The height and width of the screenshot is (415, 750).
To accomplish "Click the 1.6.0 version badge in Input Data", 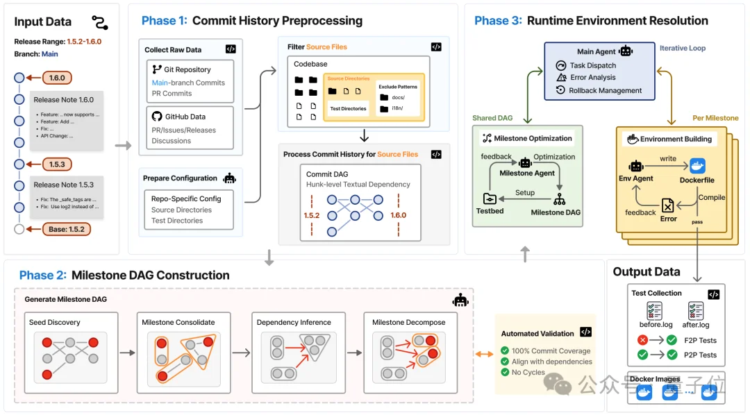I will tap(58, 78).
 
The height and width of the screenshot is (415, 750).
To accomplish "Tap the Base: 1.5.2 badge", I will tap(67, 228).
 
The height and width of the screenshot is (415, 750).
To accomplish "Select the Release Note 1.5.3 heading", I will tap(63, 185).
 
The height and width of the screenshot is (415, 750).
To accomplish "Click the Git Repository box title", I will tap(187, 70).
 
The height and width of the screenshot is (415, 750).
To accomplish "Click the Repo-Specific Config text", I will tap(186, 198).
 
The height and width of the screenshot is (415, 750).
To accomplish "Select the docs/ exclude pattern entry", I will tap(398, 98).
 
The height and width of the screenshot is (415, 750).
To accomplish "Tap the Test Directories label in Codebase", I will tap(348, 108).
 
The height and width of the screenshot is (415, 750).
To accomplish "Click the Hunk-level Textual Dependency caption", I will tap(358, 185).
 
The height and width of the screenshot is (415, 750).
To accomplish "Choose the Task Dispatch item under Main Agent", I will tap(593, 65).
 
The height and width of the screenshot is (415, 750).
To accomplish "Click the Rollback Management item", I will tap(605, 90).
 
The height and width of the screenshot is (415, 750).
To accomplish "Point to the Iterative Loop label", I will tap(683, 49).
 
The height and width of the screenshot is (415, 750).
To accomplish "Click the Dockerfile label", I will tap(697, 180).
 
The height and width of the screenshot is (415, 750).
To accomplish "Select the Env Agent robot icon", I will tap(636, 166).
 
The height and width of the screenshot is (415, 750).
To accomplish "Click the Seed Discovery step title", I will tap(55, 322).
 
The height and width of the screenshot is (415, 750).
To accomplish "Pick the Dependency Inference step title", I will tap(294, 322).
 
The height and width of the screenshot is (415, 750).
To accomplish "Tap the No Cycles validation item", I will tap(529, 372).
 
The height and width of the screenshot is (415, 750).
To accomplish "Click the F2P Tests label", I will tap(699, 340).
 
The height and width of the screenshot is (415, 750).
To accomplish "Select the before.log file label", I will tap(656, 324).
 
